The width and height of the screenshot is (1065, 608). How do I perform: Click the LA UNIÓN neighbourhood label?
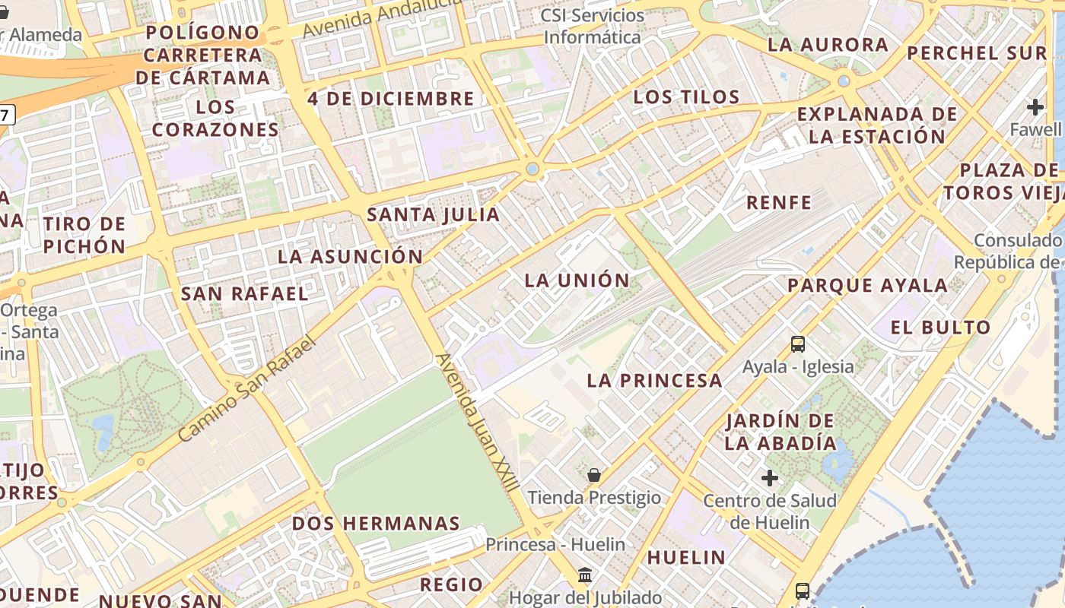(577, 280)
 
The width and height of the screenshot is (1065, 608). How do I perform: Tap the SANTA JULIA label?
(434, 215)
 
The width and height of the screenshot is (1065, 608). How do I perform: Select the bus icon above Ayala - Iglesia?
(797, 344)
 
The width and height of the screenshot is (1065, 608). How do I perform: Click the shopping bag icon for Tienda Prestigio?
(594, 476)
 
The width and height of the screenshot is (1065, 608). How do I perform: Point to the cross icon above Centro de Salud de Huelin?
(770, 478)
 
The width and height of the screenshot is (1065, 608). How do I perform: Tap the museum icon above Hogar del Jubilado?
(585, 575)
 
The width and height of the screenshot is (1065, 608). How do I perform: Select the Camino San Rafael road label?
(246, 389)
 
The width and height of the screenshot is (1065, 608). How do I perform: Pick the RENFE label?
(779, 203)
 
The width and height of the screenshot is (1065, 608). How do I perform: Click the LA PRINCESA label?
(655, 381)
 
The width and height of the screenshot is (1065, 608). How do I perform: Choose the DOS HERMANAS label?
(376, 524)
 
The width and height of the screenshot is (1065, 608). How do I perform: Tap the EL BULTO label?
(941, 328)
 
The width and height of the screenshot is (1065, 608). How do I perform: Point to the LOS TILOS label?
(686, 97)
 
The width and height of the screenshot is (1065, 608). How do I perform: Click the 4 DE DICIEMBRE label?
(391, 99)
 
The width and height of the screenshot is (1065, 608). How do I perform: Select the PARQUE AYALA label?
(867, 286)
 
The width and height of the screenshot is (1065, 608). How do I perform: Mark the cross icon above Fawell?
(1035, 107)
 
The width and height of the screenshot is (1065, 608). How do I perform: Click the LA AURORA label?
(828, 45)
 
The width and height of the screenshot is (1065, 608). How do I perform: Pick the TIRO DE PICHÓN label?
(84, 235)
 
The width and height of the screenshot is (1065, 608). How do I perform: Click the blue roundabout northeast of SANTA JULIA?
(532, 169)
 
